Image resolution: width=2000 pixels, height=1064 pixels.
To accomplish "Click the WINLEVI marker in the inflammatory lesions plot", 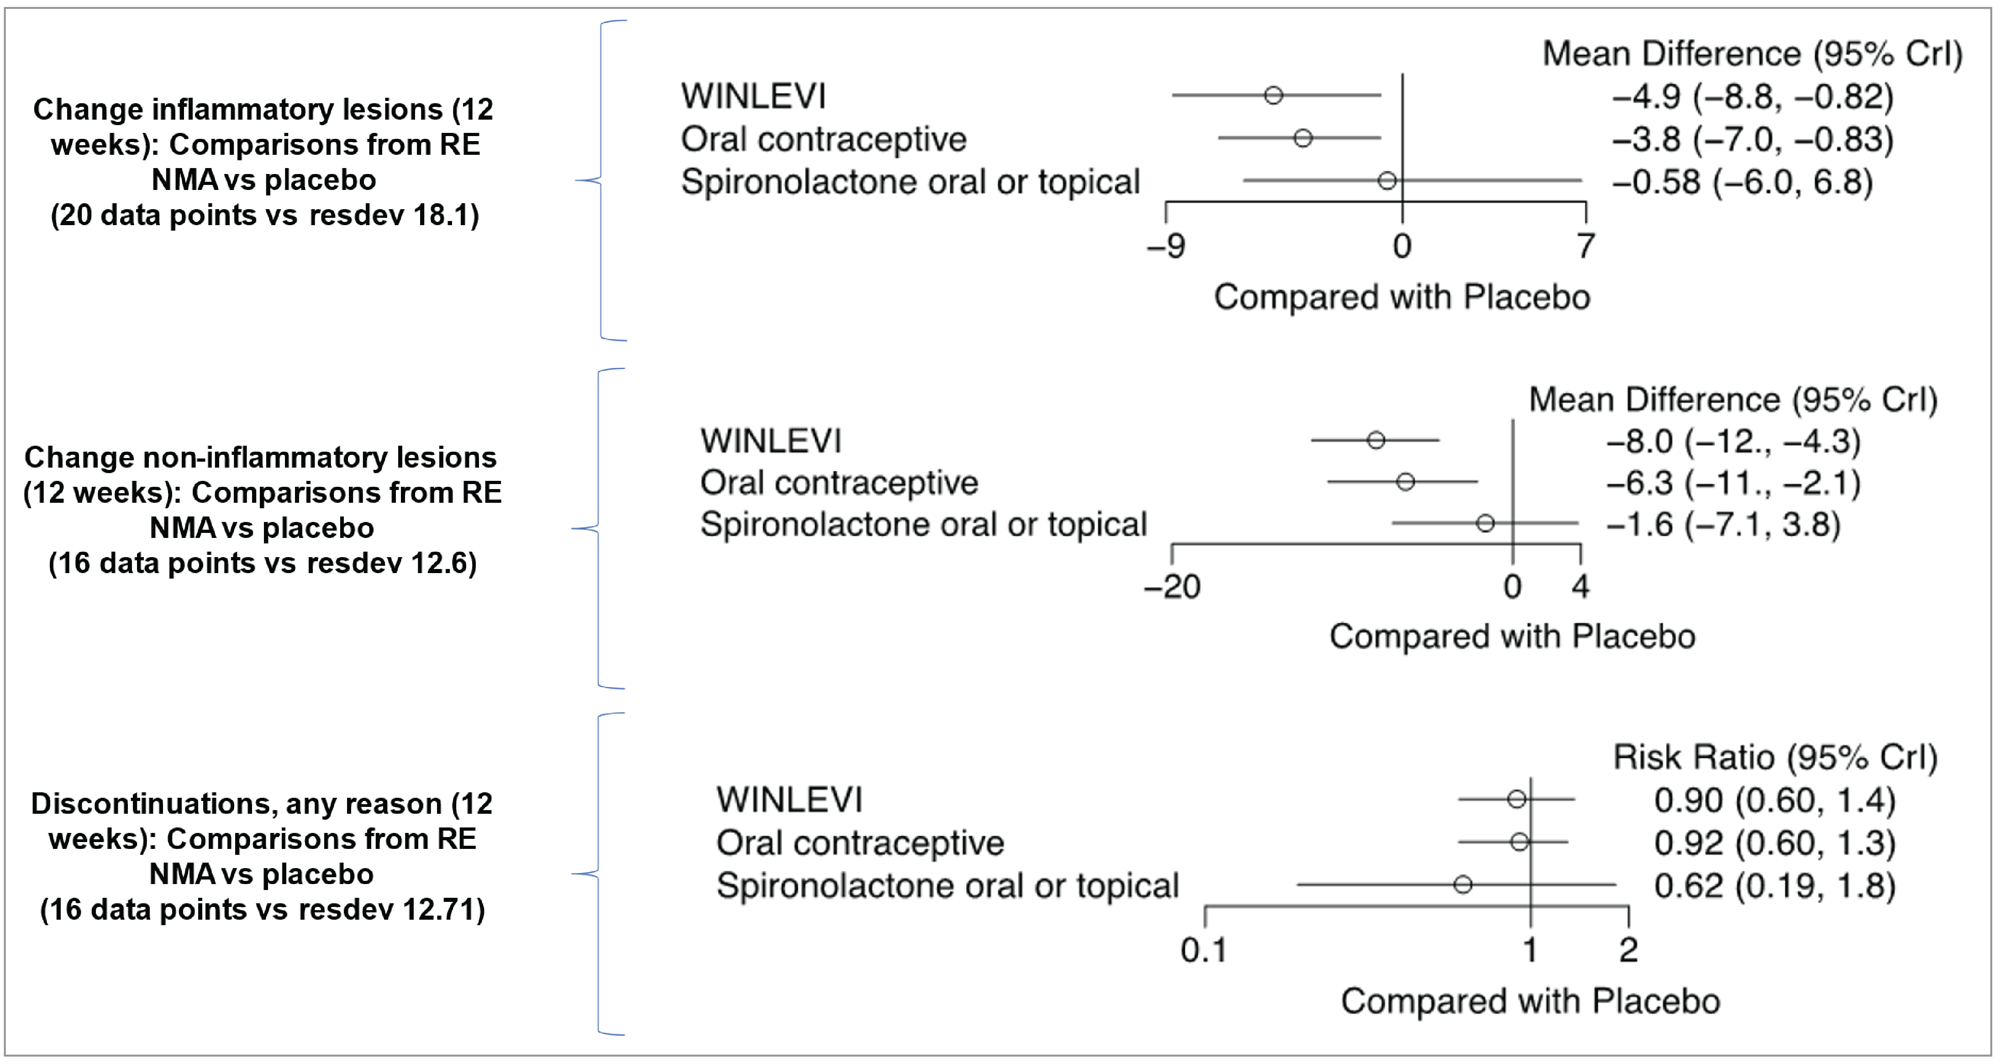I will click(1274, 95).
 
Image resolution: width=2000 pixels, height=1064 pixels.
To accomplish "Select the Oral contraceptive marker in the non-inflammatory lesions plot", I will click(1405, 481).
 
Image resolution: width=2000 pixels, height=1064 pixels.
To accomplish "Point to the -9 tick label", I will click(1166, 246).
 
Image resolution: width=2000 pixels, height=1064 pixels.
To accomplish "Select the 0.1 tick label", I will click(1203, 950).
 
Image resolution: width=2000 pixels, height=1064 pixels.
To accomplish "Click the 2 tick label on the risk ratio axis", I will click(1628, 950).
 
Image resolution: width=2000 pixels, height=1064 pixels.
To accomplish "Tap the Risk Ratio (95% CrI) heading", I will click(1775, 757).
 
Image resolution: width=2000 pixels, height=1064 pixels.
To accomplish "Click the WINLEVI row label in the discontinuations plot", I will click(789, 800).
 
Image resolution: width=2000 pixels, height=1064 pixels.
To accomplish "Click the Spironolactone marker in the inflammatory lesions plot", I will click(1387, 181).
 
